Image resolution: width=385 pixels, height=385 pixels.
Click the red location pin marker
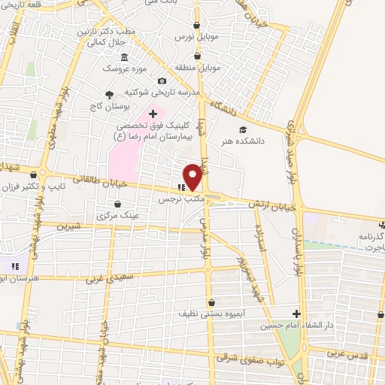click(192, 177)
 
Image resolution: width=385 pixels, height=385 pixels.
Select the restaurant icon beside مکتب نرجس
click(180, 187)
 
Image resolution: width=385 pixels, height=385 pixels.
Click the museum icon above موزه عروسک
click(125, 58)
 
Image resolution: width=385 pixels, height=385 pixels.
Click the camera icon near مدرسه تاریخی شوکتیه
click(161, 81)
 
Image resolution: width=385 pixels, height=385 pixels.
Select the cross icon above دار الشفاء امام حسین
click(297, 314)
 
